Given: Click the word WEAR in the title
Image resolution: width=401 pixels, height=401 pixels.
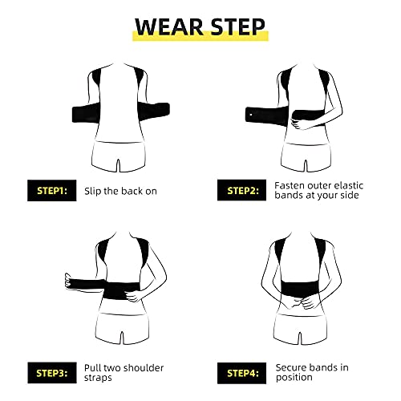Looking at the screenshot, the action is tap(169, 27).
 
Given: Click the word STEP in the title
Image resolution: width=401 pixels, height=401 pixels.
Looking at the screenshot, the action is tap(237, 27).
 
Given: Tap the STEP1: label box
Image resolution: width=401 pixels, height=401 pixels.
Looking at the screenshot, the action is tap(52, 190).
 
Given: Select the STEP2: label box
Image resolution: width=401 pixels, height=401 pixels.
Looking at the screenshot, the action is tap(241, 190).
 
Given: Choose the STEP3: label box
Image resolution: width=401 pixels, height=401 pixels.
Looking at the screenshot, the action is tap(52, 373).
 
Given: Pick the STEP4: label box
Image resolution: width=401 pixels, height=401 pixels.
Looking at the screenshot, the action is tap(241, 373).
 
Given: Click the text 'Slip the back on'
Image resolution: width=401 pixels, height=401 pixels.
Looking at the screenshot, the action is tap(120, 191).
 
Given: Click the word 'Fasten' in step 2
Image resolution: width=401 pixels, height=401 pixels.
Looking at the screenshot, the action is tap(290, 185).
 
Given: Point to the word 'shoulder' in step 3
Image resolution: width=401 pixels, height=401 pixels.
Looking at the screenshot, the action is tap(144, 368).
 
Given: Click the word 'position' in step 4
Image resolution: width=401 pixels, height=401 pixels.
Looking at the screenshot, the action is tap(294, 378).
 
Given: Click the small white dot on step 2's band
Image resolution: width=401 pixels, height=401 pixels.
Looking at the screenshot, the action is tap(251, 115).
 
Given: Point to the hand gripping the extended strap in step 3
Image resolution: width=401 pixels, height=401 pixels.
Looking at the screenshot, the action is tap(69, 281).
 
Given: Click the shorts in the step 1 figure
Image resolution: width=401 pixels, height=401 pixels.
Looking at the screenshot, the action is tap(119, 156).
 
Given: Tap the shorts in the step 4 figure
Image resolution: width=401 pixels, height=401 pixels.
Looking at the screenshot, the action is tap(301, 329).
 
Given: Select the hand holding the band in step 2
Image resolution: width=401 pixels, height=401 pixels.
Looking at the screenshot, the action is tap(298, 124).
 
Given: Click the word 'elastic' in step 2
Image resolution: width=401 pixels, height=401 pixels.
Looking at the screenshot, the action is tap(349, 185).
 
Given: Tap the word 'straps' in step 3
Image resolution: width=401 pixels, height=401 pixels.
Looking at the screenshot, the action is tap(98, 378).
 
